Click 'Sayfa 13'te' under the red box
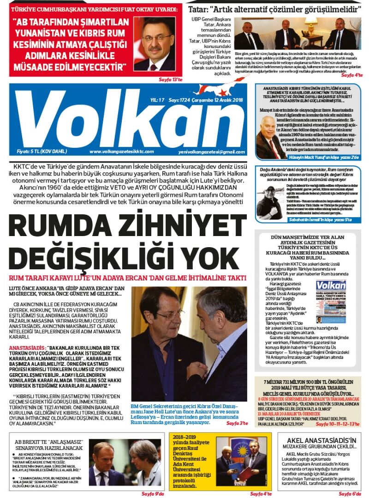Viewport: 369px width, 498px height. pos(171,79)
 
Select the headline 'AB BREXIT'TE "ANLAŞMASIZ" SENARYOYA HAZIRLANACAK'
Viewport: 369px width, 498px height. pos(48,444)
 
